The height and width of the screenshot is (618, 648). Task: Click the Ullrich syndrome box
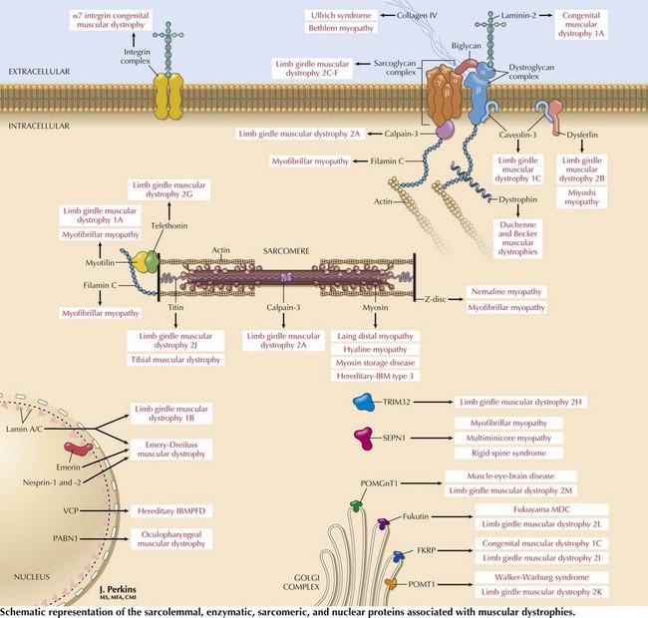[x=349, y=17]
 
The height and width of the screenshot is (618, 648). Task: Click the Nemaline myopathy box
[x=506, y=294]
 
